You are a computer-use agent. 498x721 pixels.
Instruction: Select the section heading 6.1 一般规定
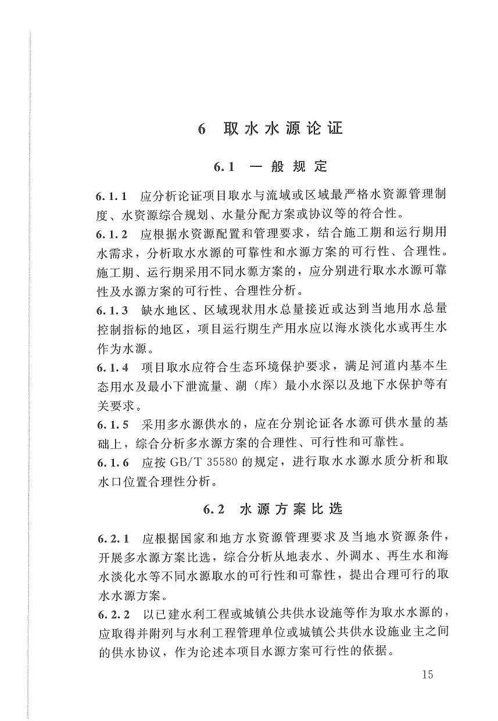click(x=270, y=167)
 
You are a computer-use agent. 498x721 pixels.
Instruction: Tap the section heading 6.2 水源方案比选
click(x=273, y=509)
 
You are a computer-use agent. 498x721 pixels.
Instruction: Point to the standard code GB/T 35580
click(x=200, y=463)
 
